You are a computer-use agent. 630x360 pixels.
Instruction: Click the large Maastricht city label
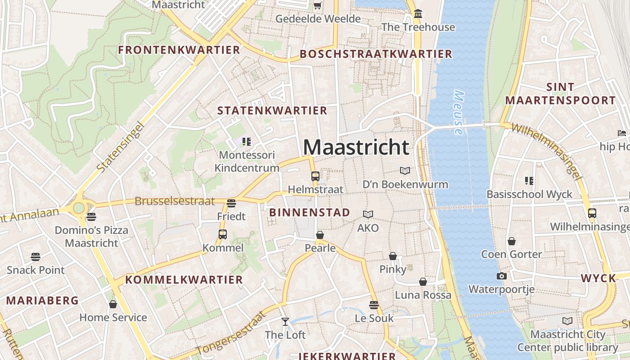coord(356,147)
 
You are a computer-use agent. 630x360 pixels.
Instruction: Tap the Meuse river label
coord(459,112)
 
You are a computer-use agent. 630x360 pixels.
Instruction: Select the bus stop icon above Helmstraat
coord(315,176)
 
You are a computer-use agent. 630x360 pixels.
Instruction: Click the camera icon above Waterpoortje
coord(501,276)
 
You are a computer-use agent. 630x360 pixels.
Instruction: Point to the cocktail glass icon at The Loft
coord(285,321)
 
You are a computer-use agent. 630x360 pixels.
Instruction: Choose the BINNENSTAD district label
coord(310,212)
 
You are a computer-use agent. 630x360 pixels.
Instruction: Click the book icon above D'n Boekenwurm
coord(405,171)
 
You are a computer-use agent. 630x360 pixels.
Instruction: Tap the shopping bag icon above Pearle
coord(320,235)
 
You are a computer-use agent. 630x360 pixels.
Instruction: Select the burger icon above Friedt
coord(231,203)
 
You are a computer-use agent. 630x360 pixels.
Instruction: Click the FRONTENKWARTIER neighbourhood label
coord(179,50)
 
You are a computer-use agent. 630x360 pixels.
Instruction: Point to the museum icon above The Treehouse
coord(418,14)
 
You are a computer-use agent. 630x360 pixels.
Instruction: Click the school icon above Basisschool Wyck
coord(529,181)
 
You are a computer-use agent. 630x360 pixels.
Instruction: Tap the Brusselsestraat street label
coord(175,201)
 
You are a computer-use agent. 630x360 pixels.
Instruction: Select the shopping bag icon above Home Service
coord(113,304)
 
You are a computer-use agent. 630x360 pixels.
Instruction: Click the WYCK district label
coord(598,278)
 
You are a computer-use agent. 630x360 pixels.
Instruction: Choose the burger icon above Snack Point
coord(36,257)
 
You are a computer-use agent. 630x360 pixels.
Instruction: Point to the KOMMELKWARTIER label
coord(184,279)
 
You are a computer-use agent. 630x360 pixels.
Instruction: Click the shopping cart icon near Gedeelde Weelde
coord(317,5)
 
